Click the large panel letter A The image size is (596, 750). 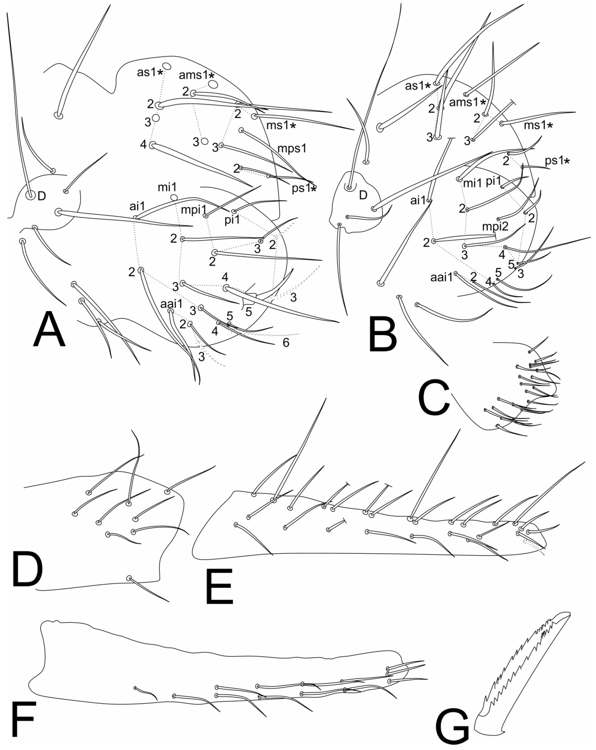pos(49,329)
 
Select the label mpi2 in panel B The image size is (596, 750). pos(495,227)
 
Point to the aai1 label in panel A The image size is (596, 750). pos(171,304)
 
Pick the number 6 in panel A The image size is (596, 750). pos(286,343)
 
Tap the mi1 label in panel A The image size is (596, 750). pos(167,188)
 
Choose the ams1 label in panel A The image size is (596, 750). pos(197,75)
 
